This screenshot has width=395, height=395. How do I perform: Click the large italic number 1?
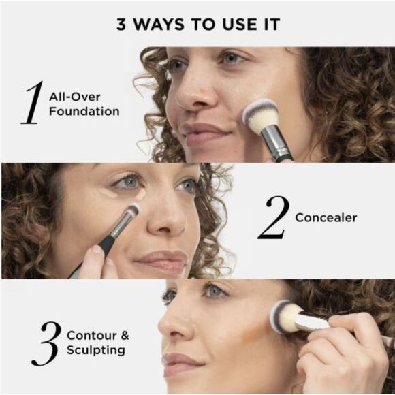32,103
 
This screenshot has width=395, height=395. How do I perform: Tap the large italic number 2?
273,219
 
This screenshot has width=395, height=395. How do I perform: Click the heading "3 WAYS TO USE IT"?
197,25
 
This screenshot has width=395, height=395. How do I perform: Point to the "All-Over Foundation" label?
84,104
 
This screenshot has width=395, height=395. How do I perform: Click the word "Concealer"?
326,218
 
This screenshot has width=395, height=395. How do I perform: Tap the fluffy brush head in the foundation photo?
261,114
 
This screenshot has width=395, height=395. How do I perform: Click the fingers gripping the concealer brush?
94,262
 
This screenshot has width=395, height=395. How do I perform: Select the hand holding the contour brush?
344,347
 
